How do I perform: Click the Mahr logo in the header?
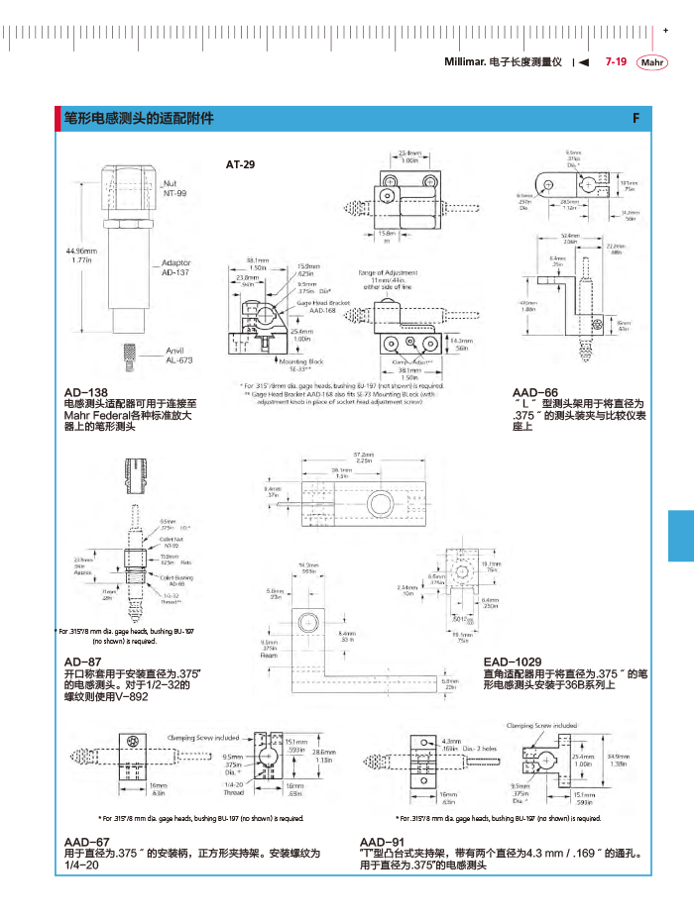[x=653, y=63]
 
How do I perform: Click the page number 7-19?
[x=615, y=62]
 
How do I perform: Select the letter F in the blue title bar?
[x=636, y=119]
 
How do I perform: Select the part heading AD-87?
[x=82, y=662]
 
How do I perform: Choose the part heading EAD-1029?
[x=513, y=662]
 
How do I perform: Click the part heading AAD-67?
[x=86, y=841]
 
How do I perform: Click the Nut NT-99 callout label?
[x=174, y=188]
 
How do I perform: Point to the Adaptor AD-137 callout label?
[x=175, y=267]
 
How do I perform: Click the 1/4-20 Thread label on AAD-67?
[x=234, y=788]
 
